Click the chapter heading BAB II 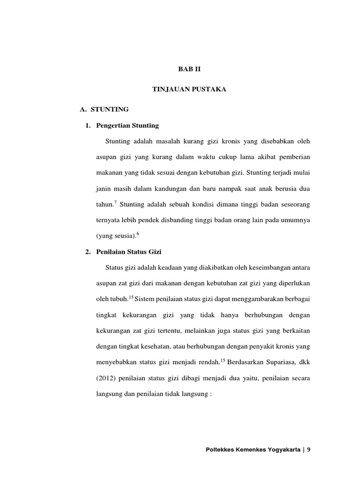click(189, 69)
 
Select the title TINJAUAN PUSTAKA click(189, 89)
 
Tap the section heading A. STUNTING click(104, 109)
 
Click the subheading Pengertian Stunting click(127, 125)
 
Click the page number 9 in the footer click(309, 449)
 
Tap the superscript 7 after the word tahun click(115, 202)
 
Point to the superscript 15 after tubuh click(131, 297)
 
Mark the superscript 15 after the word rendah click(223, 360)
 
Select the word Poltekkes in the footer click(220, 449)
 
